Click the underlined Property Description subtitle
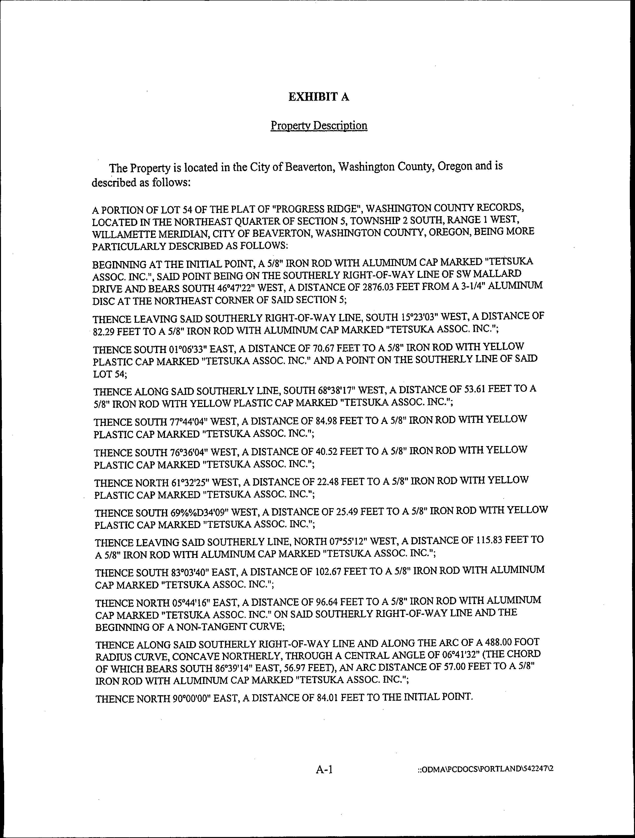coord(319,125)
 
